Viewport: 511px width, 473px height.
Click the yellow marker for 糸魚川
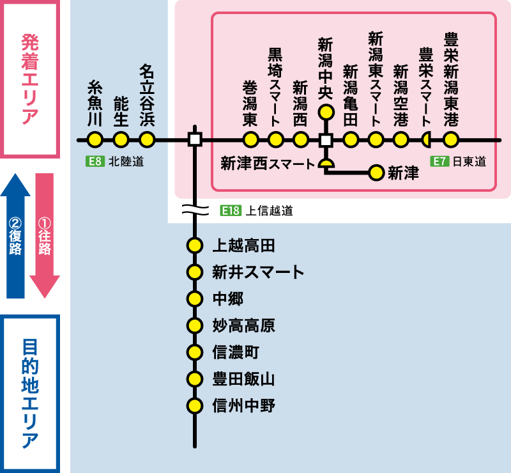pos(95,139)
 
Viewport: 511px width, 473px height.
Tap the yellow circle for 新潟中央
pos(326,113)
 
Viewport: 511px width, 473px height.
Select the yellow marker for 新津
pos(376,172)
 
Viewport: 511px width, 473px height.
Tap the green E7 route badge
pos(438,161)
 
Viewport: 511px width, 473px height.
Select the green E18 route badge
pos(229,210)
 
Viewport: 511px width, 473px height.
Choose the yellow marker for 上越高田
pos(195,245)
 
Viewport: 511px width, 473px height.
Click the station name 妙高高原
pos(243,325)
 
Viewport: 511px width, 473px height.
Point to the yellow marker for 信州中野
pos(195,405)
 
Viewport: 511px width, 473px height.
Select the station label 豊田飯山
pos(243,378)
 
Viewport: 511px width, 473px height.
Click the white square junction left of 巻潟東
pos(195,139)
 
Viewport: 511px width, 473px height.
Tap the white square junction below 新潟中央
pos(326,139)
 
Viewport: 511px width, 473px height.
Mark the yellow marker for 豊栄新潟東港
pos(451,139)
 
